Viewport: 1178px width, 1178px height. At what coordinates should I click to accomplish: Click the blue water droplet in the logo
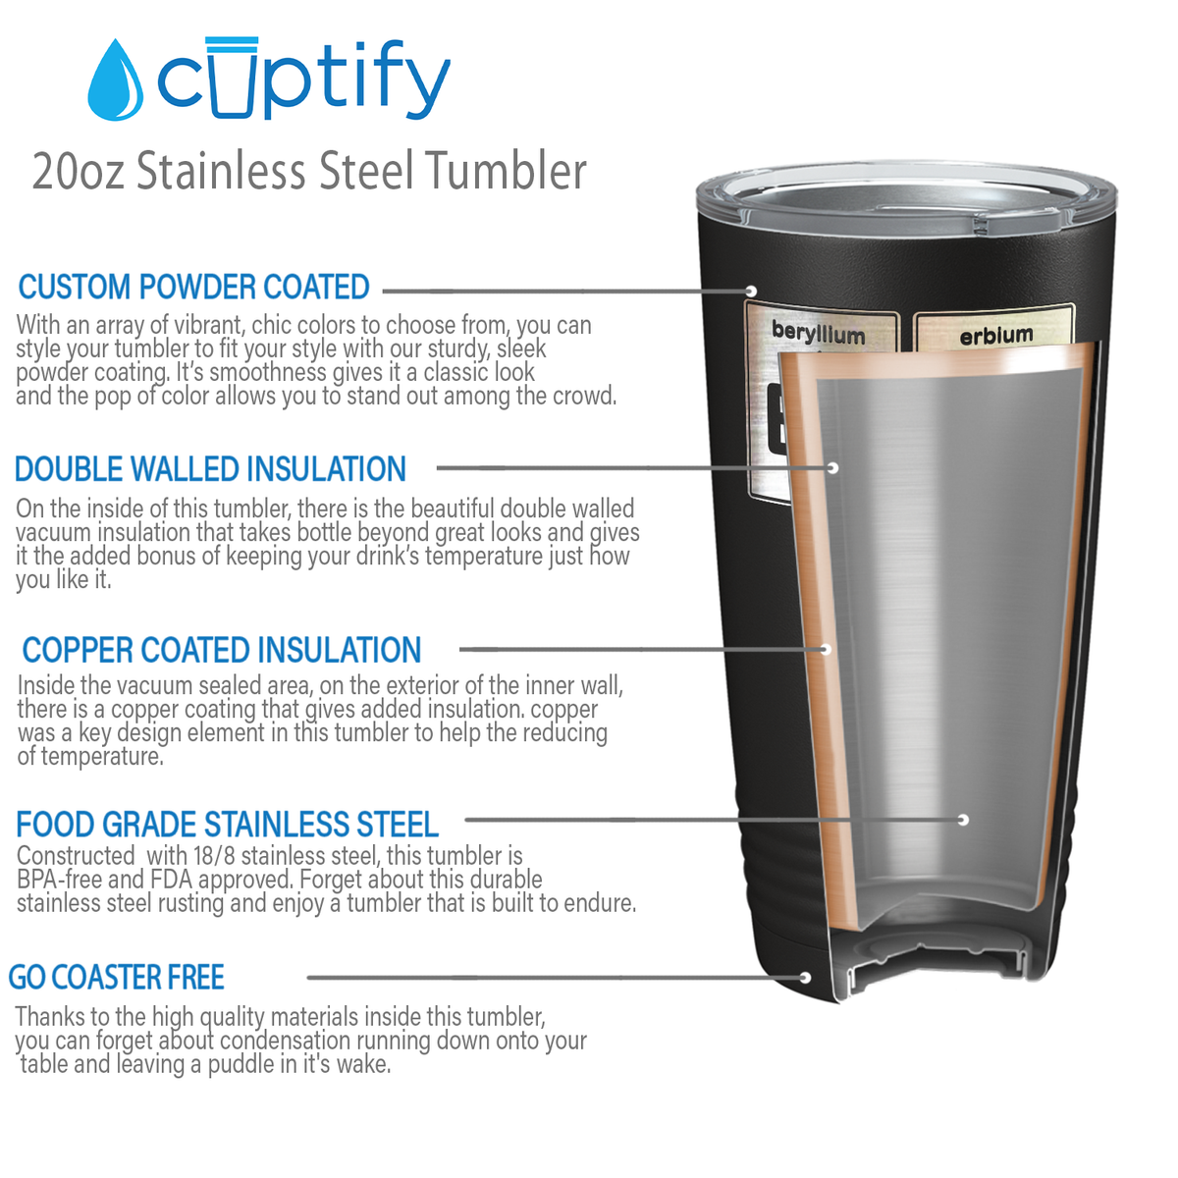point(116,81)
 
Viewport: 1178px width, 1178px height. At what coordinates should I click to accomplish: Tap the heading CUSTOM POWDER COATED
point(193,287)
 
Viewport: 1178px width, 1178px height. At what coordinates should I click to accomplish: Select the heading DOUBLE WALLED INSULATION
point(210,469)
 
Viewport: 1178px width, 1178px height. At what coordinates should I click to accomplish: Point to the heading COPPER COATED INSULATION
point(221,649)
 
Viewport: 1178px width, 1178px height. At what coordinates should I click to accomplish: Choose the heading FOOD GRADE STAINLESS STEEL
point(228,824)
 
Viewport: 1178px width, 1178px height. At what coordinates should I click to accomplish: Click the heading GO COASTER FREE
point(116,977)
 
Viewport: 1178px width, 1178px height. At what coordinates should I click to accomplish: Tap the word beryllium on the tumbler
point(818,333)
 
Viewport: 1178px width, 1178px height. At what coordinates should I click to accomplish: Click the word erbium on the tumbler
point(995,336)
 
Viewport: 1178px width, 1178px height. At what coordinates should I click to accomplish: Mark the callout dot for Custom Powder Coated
point(751,291)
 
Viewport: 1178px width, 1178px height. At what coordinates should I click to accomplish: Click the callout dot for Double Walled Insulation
point(832,468)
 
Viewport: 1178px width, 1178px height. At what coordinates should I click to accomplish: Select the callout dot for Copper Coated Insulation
point(826,649)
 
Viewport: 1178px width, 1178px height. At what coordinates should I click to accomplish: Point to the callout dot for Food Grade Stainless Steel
point(963,820)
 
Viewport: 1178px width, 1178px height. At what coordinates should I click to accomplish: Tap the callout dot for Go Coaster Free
point(805,978)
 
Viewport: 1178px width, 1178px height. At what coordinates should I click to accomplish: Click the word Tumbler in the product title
point(507,171)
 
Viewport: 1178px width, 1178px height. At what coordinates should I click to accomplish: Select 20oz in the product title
point(78,172)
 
